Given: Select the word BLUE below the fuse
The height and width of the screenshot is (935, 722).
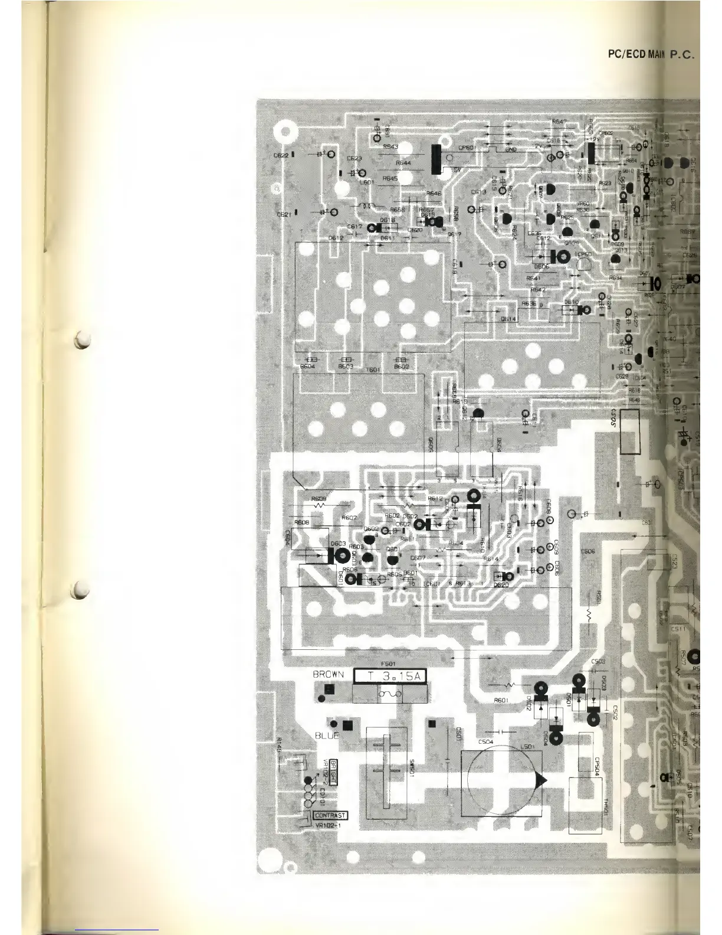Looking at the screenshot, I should (327, 735).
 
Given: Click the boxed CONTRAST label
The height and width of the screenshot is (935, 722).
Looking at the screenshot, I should (330, 816).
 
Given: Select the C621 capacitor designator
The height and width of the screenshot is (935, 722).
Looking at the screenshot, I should (284, 214).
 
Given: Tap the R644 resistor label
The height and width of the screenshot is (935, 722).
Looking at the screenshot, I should (403, 163).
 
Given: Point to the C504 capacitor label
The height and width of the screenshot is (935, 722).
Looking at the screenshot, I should (486, 741).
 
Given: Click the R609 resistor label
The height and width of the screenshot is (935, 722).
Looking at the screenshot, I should (319, 498).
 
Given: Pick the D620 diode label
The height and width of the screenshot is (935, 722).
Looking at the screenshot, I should (501, 584).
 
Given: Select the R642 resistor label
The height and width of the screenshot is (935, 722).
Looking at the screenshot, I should (537, 290).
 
